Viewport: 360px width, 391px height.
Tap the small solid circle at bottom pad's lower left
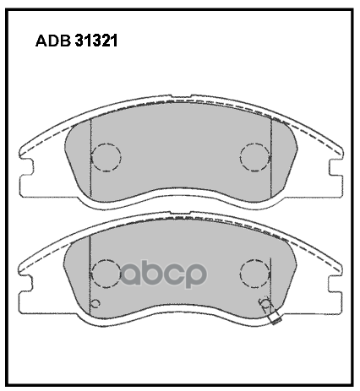pos(95,304)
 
